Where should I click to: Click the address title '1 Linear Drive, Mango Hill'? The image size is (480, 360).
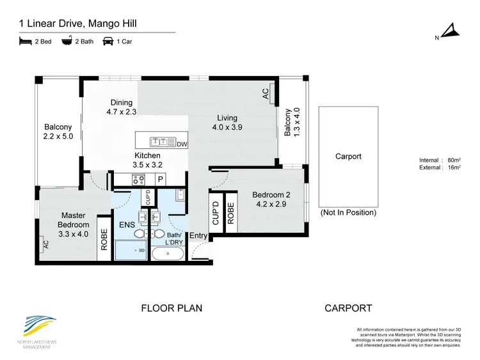pos(77,24)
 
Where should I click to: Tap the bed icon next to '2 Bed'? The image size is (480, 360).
pos(25,42)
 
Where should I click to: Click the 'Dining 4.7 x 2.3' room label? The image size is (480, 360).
pos(121,107)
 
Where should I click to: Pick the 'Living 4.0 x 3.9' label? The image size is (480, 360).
pos(227,122)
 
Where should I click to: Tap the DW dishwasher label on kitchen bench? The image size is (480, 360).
pos(182,144)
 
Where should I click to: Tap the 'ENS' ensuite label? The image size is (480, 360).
pos(126,225)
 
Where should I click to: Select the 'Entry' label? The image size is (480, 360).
pos(198,236)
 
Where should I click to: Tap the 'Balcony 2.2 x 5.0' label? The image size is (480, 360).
pos(58,132)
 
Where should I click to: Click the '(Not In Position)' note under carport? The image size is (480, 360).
pos(348,212)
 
